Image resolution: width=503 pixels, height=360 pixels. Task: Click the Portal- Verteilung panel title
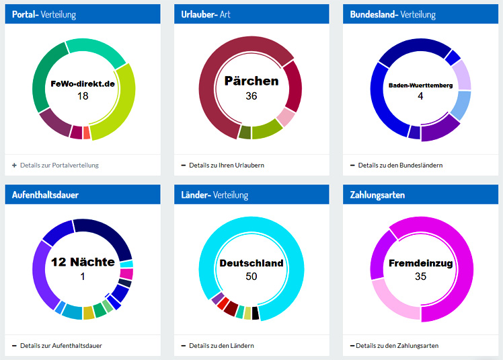pos(44,14)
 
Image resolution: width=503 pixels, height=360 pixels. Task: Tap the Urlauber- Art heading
pos(206,14)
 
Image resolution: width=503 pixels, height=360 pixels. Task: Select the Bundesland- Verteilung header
pos(393,14)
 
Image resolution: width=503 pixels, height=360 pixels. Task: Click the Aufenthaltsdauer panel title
pos(45,195)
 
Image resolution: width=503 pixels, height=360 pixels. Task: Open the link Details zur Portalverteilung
pos(59,165)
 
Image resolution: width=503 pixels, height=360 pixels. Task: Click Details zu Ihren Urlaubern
pos(226,165)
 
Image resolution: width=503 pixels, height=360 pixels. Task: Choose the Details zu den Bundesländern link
pos(400,165)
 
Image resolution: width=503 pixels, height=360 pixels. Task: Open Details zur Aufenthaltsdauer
pos(61,346)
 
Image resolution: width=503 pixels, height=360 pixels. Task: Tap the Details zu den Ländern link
pos(221,346)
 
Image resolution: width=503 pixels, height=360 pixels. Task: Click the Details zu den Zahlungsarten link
pos(397,346)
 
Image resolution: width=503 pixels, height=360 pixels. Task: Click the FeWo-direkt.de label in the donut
pos(83,84)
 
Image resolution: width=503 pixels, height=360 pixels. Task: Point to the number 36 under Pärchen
pos(251,96)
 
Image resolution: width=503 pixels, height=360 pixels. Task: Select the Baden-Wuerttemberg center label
pos(420,85)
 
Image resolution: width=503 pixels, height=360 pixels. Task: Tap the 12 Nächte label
pos(83,262)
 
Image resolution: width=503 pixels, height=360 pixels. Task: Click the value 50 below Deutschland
pos(251,277)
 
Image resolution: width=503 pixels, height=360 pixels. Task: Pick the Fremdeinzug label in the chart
pos(420,263)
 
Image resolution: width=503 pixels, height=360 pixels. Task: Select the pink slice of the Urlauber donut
pos(286,118)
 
